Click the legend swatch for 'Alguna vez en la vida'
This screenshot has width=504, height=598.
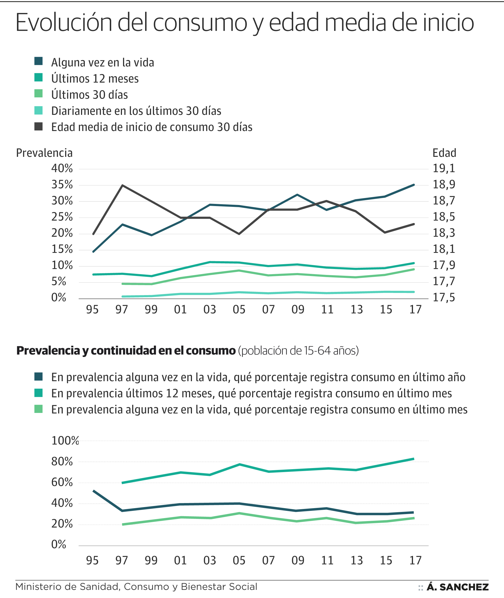[x=38, y=61]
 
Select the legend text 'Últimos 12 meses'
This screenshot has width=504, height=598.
[x=95, y=79]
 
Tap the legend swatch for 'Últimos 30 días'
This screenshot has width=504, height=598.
[x=38, y=93]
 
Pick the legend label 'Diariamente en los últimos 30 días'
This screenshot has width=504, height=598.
[x=136, y=111]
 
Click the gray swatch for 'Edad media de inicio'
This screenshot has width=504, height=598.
[x=38, y=126]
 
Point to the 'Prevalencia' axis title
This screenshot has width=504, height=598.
[x=44, y=153]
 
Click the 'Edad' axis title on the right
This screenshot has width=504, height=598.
[x=444, y=153]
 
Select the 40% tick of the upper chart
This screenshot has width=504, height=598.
[x=62, y=168]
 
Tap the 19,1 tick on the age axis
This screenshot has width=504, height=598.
[x=444, y=168]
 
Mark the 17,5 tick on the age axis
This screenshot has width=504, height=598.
[x=444, y=298]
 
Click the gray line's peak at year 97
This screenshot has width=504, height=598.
[x=122, y=185]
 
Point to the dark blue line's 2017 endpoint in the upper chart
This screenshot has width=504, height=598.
[x=414, y=185]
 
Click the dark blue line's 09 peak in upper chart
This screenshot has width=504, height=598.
[x=297, y=195]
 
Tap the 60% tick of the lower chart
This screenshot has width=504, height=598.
[x=62, y=482]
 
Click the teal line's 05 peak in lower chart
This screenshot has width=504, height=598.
[x=239, y=464]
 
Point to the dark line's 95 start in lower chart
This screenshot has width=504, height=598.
[x=93, y=491]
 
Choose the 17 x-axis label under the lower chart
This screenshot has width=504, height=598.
[x=415, y=561]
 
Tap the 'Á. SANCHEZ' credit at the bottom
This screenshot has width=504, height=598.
[x=457, y=587]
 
